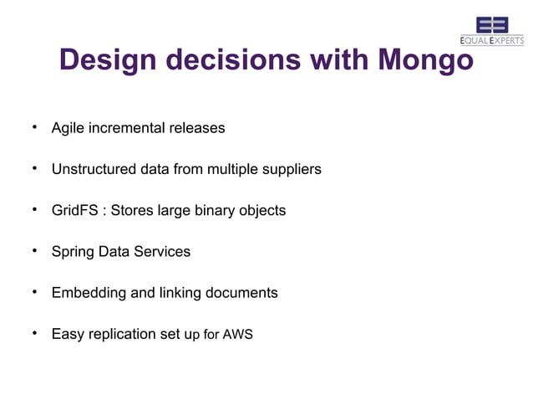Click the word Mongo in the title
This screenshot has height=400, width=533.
point(426,60)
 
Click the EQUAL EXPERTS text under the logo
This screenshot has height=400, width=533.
point(492,41)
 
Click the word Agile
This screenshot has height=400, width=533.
point(68,129)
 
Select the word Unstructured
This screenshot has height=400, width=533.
point(94,170)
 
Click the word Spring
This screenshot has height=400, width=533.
point(73,252)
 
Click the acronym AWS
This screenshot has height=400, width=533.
point(238,336)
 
